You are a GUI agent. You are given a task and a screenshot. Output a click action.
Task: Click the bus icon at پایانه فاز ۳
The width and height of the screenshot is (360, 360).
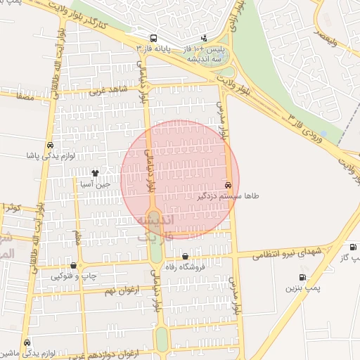pos(153,37)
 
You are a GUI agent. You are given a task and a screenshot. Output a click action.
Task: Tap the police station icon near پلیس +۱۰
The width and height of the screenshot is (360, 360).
pos(204,37)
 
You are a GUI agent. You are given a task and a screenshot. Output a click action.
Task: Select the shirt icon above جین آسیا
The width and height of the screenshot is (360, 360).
pos(95,173)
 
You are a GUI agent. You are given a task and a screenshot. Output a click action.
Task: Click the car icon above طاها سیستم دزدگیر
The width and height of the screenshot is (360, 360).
pos(227,185)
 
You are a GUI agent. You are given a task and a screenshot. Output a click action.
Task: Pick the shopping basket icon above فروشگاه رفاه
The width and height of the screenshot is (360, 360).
pos(185,256)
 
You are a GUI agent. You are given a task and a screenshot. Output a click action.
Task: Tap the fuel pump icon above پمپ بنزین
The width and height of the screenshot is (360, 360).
pos(302,277)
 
